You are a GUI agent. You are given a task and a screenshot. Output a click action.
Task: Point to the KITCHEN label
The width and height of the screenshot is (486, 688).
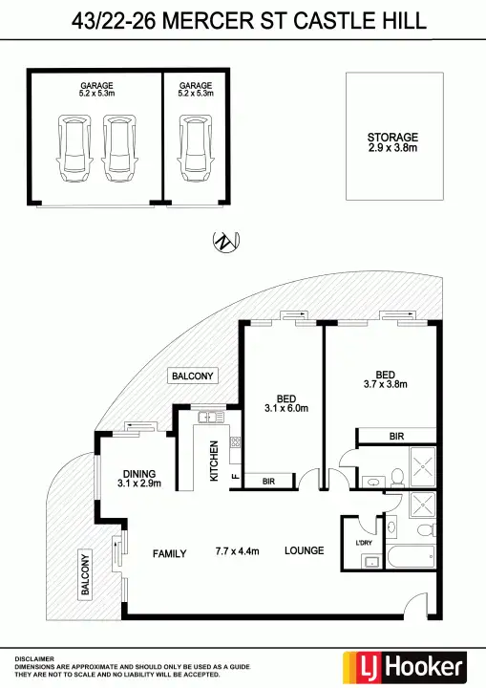tap(214, 460)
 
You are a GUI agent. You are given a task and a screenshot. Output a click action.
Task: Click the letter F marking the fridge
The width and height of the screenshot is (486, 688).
tap(235, 481)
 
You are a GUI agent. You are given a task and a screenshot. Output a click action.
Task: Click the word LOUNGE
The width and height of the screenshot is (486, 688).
tap(304, 550)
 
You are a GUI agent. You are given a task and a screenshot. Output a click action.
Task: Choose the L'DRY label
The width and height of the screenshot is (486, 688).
tap(363, 544)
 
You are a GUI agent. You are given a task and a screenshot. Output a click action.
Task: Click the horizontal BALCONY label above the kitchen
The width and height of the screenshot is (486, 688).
tap(192, 376)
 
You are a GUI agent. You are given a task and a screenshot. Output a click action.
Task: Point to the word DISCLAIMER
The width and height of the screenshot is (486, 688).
tap(34, 658)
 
